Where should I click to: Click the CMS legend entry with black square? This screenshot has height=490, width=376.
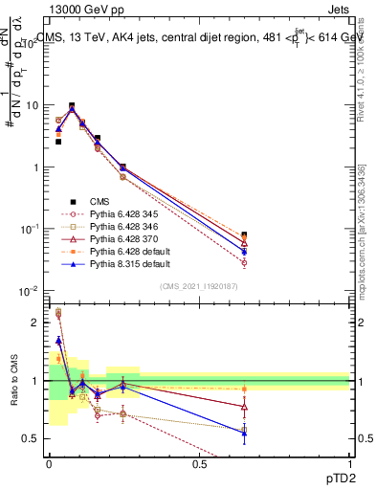pyautogui.click(x=100, y=201)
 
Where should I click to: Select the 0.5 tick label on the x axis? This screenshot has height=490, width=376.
pyautogui.click(x=199, y=464)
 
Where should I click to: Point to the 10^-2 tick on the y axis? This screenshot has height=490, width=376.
pyautogui.click(x=31, y=290)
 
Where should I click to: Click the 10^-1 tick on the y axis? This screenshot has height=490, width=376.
pyautogui.click(x=31, y=229)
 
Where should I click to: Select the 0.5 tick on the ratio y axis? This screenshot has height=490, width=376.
pyautogui.click(x=33, y=438)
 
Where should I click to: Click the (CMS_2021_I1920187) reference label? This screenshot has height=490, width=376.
pyautogui.click(x=199, y=286)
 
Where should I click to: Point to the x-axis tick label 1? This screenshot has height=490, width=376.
pyautogui.click(x=349, y=464)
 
